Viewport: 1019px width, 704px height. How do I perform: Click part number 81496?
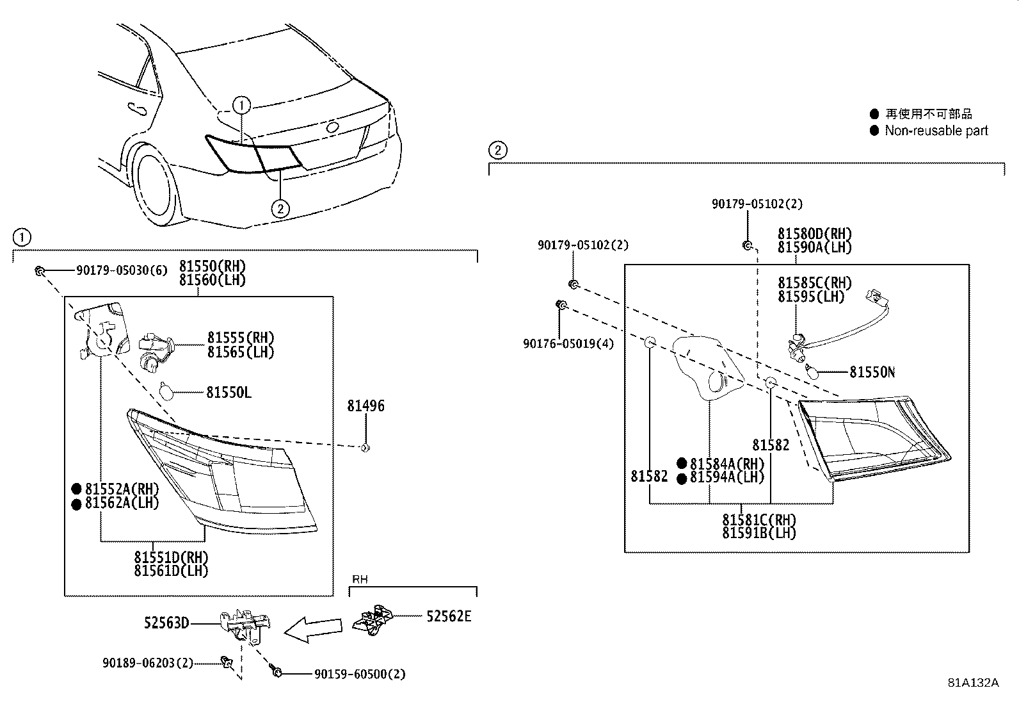click(x=365, y=406)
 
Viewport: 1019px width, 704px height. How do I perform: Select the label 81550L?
click(x=229, y=392)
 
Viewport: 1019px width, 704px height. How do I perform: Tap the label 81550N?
click(x=872, y=372)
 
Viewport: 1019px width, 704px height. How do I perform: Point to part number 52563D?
click(x=166, y=622)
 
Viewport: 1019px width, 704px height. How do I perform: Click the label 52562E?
click(x=449, y=616)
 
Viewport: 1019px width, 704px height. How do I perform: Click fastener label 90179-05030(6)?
click(x=121, y=271)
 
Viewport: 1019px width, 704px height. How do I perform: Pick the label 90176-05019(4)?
click(x=568, y=344)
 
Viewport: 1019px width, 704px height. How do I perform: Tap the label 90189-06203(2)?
click(x=147, y=663)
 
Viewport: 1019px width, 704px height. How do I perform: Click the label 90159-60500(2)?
click(x=360, y=674)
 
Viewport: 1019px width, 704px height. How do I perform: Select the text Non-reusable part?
click(x=936, y=131)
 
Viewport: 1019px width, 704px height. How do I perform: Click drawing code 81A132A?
click(x=973, y=682)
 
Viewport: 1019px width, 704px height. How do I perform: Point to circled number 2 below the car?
click(x=280, y=208)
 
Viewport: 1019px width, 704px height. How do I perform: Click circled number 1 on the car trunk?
click(x=241, y=105)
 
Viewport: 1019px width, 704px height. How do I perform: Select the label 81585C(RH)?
click(x=814, y=283)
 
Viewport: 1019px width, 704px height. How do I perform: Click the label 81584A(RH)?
click(x=726, y=464)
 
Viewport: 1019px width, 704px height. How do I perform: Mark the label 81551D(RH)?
click(x=170, y=557)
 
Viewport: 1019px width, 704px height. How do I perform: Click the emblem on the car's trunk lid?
click(x=333, y=127)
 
